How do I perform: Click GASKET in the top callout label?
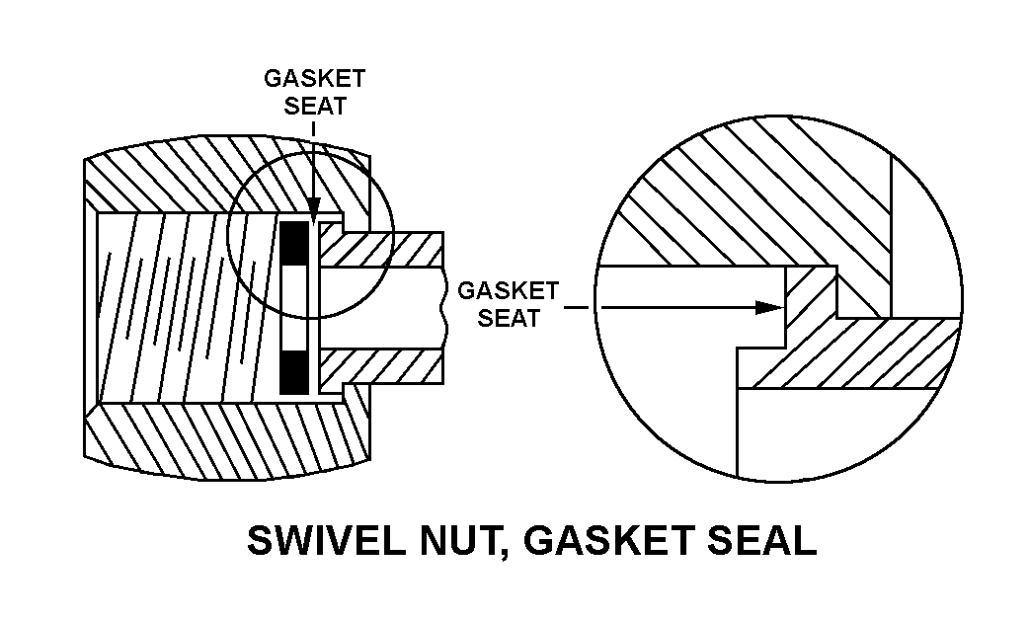click(314, 80)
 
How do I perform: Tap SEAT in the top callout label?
click(315, 106)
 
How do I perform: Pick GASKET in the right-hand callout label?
click(509, 291)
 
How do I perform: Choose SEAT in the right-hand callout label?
click(509, 318)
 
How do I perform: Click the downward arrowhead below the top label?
click(312, 210)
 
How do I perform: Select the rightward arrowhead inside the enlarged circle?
click(768, 307)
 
